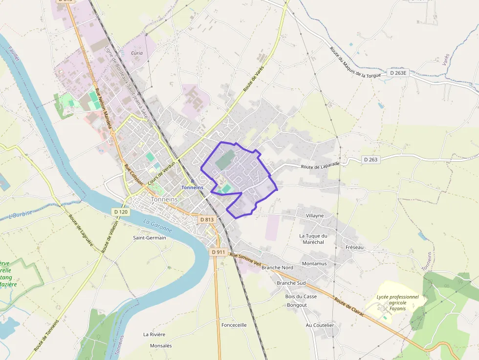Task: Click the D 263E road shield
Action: [399, 73]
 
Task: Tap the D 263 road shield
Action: [371, 160]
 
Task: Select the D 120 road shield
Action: [121, 212]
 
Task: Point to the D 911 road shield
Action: [218, 252]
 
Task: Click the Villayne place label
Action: [315, 215]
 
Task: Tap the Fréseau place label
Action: [354, 248]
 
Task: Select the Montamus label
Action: [314, 264]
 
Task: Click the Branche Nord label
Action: [277, 268]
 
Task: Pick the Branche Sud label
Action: [291, 283]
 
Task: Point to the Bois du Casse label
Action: [301, 296]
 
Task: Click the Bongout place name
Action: [297, 305]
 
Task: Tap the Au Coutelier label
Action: [320, 325]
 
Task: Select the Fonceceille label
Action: [234, 325]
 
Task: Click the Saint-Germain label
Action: [150, 238]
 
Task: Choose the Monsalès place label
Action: [161, 346]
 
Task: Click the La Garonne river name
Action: [158, 226]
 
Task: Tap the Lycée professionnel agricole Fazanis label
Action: [397, 302]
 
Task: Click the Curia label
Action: [137, 53]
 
